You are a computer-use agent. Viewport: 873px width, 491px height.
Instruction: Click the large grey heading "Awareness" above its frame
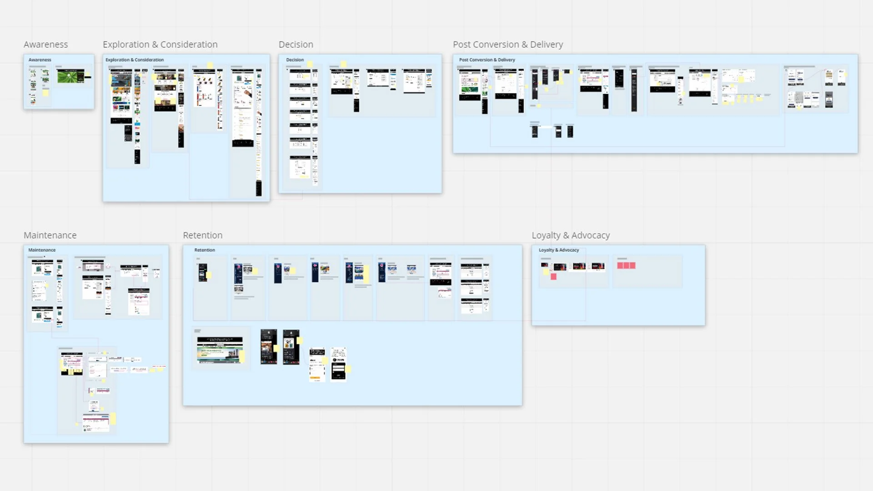pyautogui.click(x=45, y=45)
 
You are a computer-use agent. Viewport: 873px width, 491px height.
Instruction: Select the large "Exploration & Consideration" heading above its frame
pyautogui.click(x=160, y=45)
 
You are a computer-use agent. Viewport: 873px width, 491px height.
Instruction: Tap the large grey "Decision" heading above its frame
pyautogui.click(x=296, y=45)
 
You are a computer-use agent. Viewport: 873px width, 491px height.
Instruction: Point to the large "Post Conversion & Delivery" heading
pyautogui.click(x=507, y=45)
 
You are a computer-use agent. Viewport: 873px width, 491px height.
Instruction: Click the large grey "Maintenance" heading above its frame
pyautogui.click(x=50, y=235)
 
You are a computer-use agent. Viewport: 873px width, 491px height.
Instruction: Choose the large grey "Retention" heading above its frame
pyautogui.click(x=202, y=235)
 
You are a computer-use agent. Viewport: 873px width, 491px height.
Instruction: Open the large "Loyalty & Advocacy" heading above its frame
pyautogui.click(x=571, y=235)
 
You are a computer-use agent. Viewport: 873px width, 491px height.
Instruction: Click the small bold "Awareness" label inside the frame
pyautogui.click(x=40, y=60)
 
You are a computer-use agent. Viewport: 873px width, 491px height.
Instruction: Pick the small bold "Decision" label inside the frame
pyautogui.click(x=295, y=60)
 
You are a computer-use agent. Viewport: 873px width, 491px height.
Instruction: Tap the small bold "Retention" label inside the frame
pyautogui.click(x=205, y=250)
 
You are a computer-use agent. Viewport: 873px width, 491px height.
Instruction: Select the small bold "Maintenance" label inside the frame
pyautogui.click(x=42, y=250)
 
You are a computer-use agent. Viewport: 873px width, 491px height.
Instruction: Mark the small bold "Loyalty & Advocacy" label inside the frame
pyautogui.click(x=559, y=250)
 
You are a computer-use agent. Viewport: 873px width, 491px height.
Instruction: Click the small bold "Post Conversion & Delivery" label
pyautogui.click(x=487, y=60)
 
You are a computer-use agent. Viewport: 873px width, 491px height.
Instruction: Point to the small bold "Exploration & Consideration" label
pyautogui.click(x=135, y=60)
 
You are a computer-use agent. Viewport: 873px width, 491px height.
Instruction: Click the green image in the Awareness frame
pyautogui.click(x=70, y=76)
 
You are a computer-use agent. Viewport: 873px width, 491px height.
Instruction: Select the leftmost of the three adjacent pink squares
pyautogui.click(x=620, y=266)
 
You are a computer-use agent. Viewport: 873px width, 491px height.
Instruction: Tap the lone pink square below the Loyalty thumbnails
pyautogui.click(x=553, y=276)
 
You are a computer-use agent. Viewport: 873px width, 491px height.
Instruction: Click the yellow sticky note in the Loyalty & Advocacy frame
pyautogui.click(x=546, y=271)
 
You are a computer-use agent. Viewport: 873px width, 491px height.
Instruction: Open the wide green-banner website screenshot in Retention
pyautogui.click(x=220, y=350)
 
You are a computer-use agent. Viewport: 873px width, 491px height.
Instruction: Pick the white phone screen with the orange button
pyautogui.click(x=317, y=365)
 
